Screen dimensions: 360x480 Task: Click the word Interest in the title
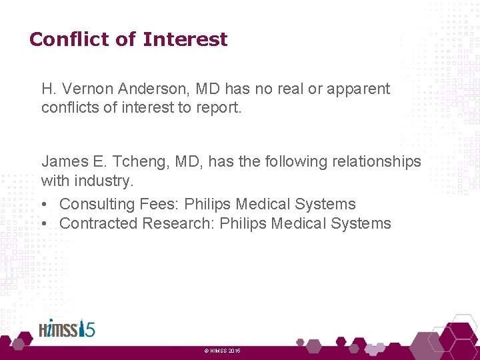tap(185, 39)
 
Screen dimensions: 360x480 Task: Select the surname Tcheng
tap(129, 161)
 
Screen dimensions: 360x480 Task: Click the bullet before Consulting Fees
tap(44, 204)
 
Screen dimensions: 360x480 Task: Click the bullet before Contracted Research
tap(44, 223)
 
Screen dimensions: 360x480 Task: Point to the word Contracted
tap(100, 223)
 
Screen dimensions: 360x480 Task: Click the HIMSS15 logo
tap(67, 329)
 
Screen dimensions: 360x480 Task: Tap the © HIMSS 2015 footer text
tap(222, 351)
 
